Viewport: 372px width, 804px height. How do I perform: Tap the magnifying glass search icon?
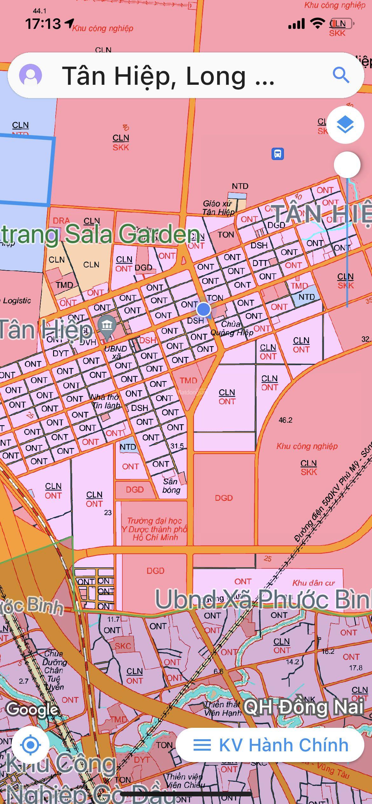341,75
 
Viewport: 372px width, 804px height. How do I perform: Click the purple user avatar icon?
31,75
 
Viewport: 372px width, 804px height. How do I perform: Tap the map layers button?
345,124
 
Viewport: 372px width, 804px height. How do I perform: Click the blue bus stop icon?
278,154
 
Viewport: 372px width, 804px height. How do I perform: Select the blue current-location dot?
203,309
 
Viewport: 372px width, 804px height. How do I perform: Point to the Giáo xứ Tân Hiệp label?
219,208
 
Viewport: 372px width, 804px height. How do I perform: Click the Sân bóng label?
171,486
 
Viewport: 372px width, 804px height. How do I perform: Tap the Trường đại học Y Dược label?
155,529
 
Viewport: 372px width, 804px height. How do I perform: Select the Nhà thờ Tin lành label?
106,401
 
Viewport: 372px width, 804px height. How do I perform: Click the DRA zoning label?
61,220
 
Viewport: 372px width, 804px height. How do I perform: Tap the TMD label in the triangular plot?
188,380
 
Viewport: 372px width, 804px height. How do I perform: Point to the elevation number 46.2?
285,420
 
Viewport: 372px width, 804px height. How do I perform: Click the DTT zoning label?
260,263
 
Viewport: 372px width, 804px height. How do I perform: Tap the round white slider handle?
347,165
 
